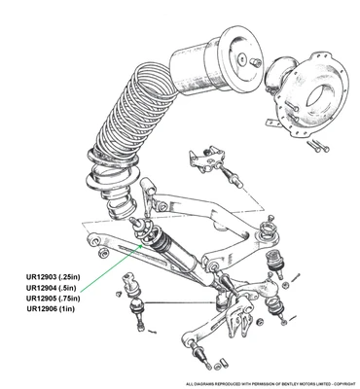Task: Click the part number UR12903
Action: [x=42, y=277]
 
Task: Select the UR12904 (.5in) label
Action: [x=51, y=288]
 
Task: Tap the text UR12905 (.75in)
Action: [x=53, y=298]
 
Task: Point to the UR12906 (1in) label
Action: [x=51, y=308]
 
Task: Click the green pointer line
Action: [x=111, y=267]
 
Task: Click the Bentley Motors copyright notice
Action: [x=272, y=384]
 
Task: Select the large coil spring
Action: [x=129, y=120]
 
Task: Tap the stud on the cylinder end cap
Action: [x=255, y=61]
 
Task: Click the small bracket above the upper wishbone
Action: [x=207, y=159]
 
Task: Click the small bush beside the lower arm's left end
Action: [x=104, y=253]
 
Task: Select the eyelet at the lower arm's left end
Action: [x=94, y=240]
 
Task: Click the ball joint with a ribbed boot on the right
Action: [x=273, y=262]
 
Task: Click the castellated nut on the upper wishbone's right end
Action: [x=266, y=226]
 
